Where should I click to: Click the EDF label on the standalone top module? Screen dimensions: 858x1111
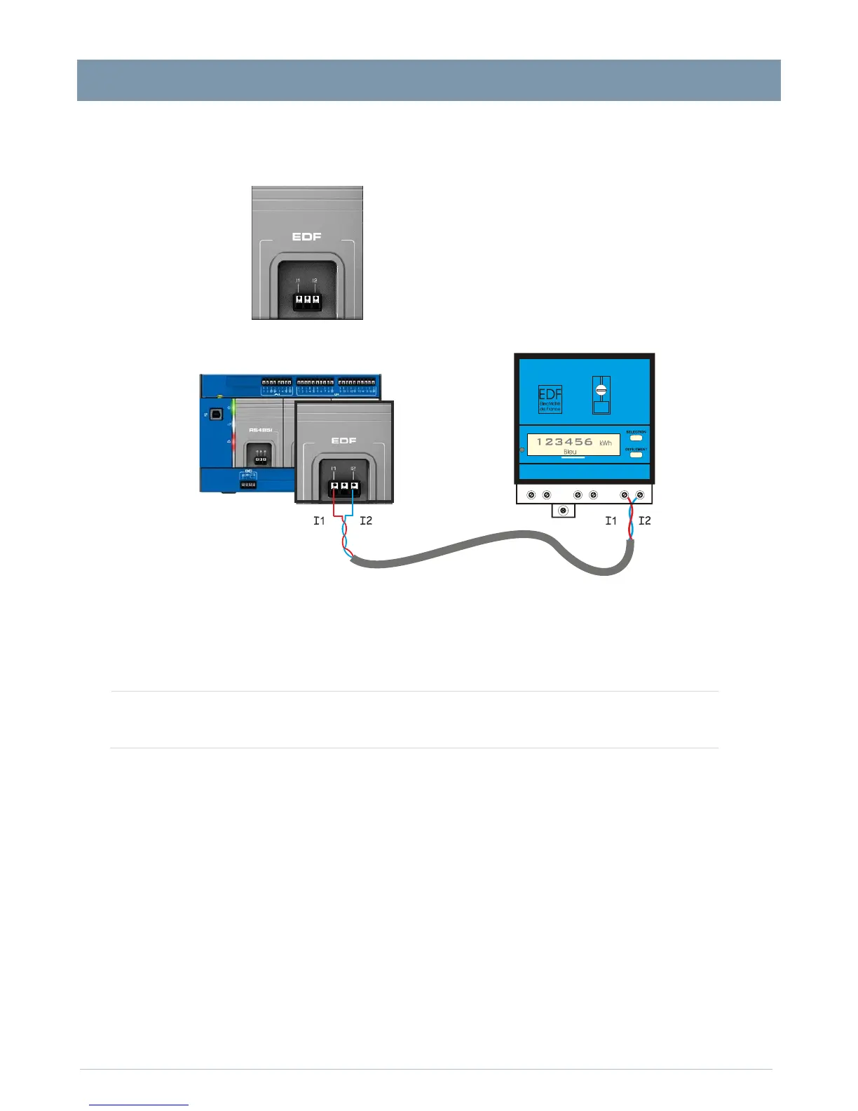(306, 237)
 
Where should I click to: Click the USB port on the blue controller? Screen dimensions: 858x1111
(216, 415)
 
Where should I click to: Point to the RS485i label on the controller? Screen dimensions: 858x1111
(260, 429)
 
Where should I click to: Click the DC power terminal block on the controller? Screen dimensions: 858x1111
(248, 484)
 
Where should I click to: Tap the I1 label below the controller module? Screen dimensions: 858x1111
(319, 520)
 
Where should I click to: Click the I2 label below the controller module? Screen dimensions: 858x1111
(366, 520)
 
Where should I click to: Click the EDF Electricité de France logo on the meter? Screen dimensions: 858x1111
(550, 399)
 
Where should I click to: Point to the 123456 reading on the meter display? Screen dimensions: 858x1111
(564, 442)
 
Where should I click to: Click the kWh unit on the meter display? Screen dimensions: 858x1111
(606, 443)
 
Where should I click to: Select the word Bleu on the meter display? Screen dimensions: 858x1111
(570, 452)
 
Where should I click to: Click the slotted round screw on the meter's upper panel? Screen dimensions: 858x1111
(601, 390)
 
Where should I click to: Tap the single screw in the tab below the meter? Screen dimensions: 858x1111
(562, 510)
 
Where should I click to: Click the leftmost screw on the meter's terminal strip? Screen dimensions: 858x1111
(531, 495)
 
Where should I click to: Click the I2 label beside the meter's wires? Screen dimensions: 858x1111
(645, 520)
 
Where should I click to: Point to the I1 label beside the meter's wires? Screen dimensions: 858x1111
(611, 520)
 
